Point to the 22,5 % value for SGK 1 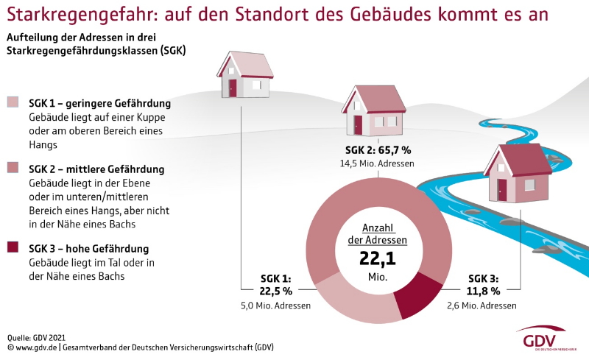click(x=277, y=292)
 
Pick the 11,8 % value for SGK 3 click(x=483, y=292)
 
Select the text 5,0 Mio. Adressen click(x=277, y=305)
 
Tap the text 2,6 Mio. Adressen click(x=483, y=305)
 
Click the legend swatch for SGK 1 click(x=13, y=102)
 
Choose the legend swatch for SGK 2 click(x=13, y=169)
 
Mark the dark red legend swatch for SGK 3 click(x=13, y=248)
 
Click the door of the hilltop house click(x=233, y=88)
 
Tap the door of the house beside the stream click(x=502, y=189)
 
